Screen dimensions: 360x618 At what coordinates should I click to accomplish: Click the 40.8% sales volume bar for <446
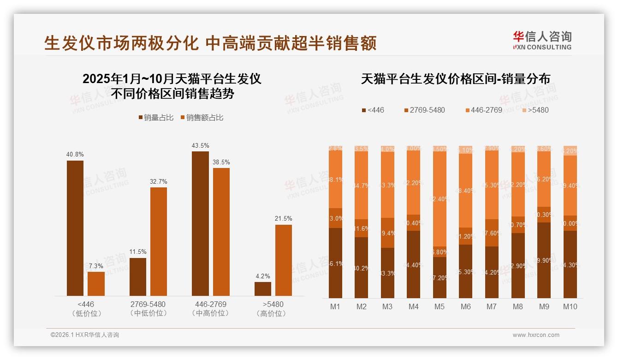click(x=75, y=228)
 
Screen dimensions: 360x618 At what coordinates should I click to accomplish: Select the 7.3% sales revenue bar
click(x=96, y=284)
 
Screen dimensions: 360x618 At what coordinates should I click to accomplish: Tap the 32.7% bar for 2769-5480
click(x=159, y=241)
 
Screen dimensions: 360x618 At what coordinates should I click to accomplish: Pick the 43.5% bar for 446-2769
click(x=200, y=223)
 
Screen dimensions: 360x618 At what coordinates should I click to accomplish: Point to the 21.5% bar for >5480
click(x=284, y=260)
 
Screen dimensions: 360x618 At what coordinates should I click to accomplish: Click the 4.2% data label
click(x=262, y=276)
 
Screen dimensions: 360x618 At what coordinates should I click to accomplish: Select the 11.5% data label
click(x=138, y=252)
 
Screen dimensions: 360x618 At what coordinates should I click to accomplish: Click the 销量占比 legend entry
click(x=156, y=118)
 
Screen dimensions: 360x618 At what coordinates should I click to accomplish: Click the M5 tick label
click(x=440, y=306)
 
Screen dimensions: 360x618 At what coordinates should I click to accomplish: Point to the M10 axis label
click(x=570, y=306)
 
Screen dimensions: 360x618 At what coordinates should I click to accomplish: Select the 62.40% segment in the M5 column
click(x=440, y=199)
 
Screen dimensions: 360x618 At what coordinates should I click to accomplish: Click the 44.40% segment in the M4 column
click(x=414, y=264)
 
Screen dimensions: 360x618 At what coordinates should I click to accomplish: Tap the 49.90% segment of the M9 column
click(x=544, y=260)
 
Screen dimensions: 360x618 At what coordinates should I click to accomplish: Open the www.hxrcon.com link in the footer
click(x=536, y=335)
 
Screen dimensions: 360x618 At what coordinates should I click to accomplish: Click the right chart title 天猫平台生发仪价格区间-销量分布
click(x=455, y=79)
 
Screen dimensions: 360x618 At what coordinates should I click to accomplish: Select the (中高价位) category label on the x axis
click(x=210, y=313)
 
